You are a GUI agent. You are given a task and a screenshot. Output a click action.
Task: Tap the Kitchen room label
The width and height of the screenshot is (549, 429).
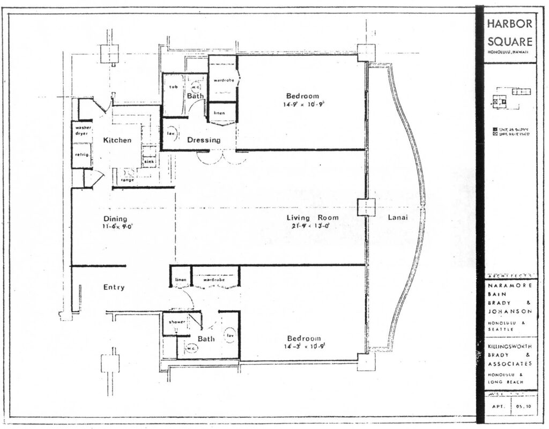[117, 140]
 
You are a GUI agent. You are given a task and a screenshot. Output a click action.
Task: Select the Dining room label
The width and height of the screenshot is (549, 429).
[115, 219]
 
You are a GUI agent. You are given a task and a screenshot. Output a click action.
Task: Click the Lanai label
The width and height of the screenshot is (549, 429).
[397, 217]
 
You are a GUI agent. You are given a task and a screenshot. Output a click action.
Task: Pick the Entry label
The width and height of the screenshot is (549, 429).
[114, 288]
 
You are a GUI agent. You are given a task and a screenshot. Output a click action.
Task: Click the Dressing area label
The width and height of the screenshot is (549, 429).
[203, 140]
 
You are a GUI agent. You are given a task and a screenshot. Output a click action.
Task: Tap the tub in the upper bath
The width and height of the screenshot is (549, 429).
[173, 87]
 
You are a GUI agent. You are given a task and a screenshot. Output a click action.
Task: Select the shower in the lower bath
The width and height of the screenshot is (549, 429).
[177, 322]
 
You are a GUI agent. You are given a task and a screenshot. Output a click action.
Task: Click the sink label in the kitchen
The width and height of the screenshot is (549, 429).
[149, 161]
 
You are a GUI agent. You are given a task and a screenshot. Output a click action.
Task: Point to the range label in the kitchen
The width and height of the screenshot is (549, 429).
[128, 180]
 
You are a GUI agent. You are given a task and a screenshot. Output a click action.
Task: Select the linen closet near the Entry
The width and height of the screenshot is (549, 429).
[180, 280]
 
